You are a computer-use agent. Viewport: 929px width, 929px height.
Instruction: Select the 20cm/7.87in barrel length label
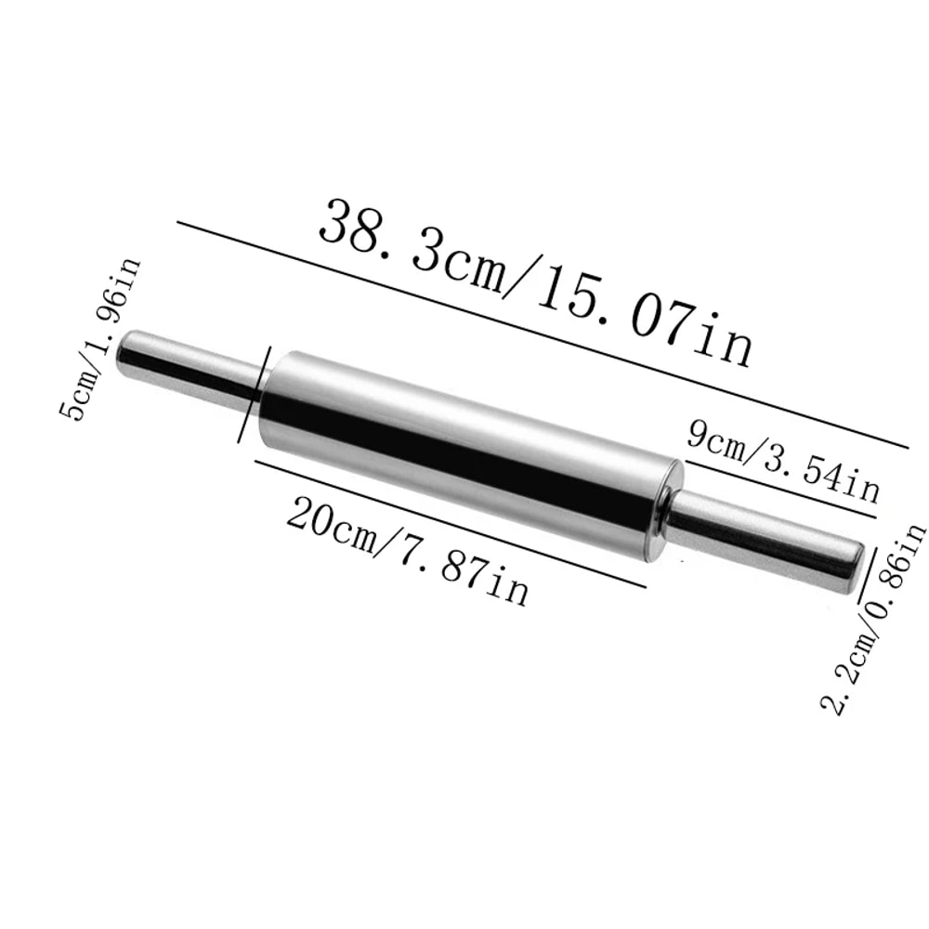[x=407, y=550]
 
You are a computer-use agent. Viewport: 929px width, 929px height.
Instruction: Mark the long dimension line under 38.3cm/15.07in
[x=539, y=334]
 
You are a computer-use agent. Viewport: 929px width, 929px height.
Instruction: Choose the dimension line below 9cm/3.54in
[x=780, y=488]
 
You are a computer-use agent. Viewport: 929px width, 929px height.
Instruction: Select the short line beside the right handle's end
[x=863, y=574]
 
